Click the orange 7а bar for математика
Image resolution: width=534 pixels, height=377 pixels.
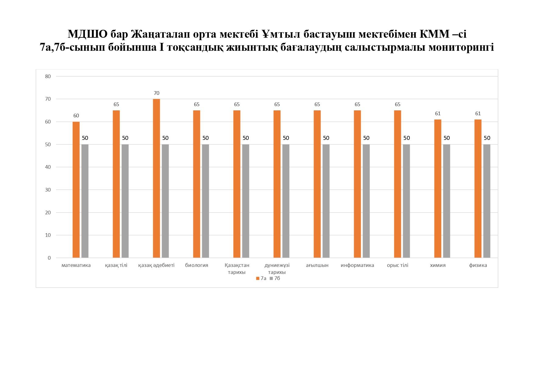coord(76,189)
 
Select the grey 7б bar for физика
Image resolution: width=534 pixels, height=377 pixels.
coord(487,201)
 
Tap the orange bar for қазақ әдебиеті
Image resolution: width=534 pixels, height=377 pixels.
coord(156,178)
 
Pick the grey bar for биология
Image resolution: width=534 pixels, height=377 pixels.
coord(206,201)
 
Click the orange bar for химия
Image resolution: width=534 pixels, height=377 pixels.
coord(437,188)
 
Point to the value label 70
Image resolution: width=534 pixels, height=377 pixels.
coord(156,93)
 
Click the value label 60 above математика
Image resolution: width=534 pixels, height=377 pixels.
coord(76,116)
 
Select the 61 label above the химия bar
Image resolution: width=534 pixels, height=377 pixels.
coord(438,113)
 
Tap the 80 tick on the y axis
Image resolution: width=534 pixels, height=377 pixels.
coord(48,76)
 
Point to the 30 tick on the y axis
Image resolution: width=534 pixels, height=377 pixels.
coord(48,190)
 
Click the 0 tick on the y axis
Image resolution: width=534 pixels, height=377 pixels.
coord(49,258)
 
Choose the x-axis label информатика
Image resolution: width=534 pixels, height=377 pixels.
coord(357,265)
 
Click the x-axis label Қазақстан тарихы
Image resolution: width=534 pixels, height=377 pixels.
coord(237,268)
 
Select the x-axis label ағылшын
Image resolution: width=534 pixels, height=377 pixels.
coord(317,265)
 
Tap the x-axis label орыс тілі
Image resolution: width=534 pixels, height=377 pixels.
coord(397,265)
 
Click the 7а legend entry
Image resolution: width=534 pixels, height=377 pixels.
coord(262,278)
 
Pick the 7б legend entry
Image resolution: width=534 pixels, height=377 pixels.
coord(275,278)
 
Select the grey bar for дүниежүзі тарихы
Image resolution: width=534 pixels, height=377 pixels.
coord(286,201)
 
